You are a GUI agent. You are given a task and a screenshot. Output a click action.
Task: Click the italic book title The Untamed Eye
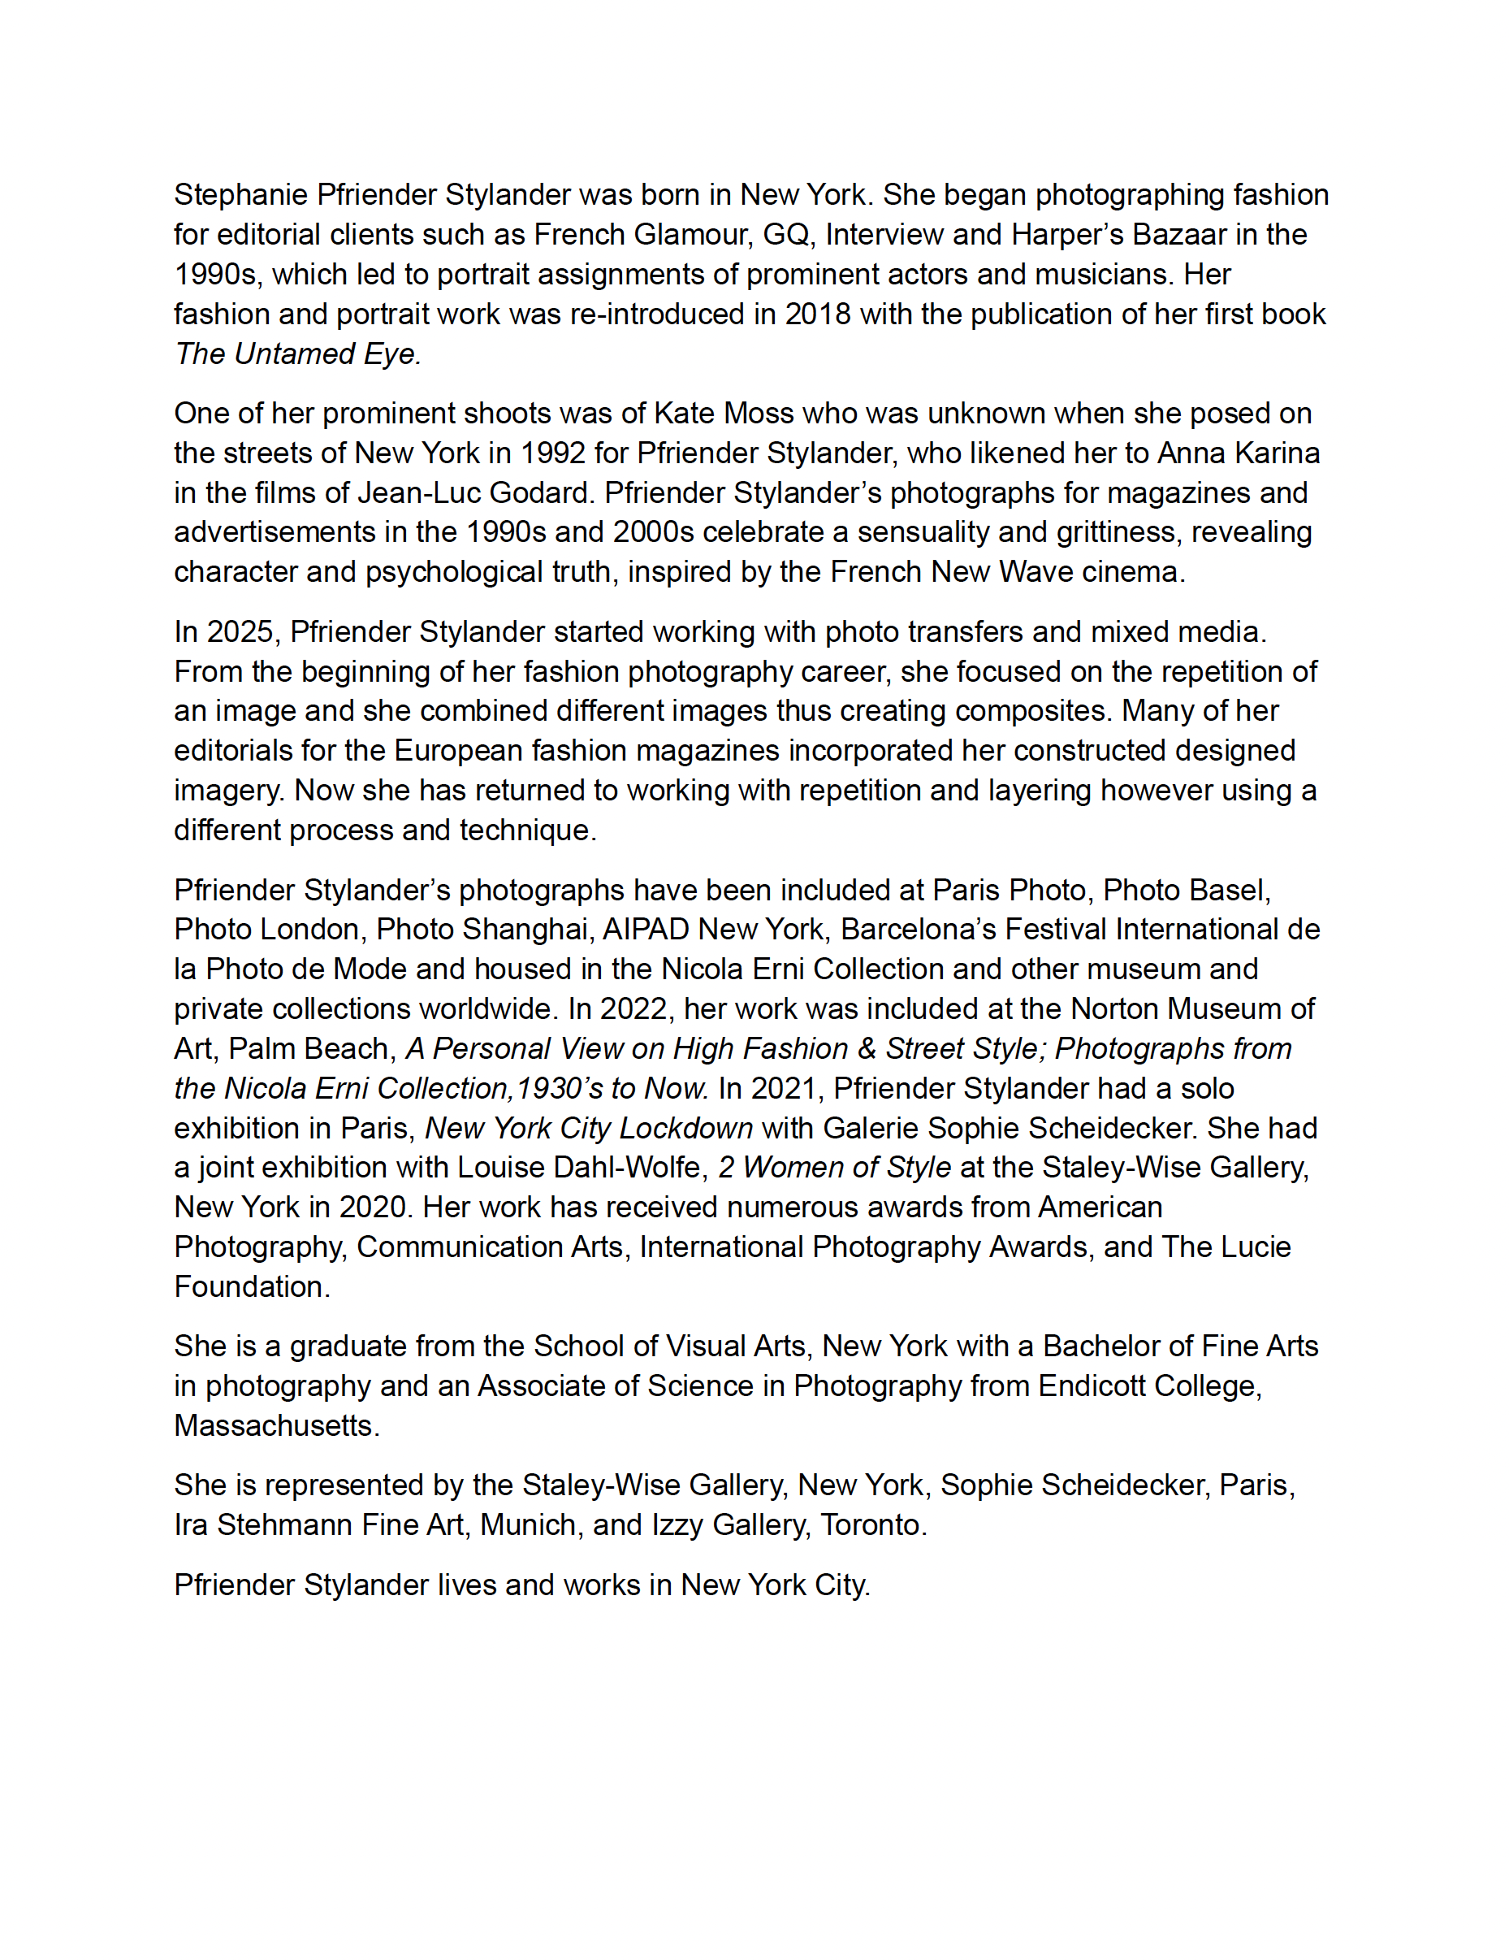pos(297,353)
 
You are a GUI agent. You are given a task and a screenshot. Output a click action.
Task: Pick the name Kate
pos(685,413)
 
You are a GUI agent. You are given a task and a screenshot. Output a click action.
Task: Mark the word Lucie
pos(1254,1247)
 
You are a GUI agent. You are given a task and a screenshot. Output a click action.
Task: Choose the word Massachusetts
pos(273,1425)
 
